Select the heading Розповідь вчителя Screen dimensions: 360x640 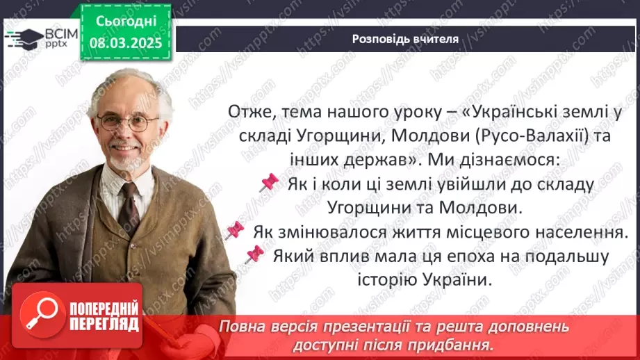[x=405, y=39]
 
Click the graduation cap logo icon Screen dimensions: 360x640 [x=22, y=37]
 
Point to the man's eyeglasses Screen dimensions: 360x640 [x=128, y=123]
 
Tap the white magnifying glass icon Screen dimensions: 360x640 [x=43, y=314]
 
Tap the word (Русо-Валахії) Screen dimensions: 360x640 [x=533, y=136]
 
